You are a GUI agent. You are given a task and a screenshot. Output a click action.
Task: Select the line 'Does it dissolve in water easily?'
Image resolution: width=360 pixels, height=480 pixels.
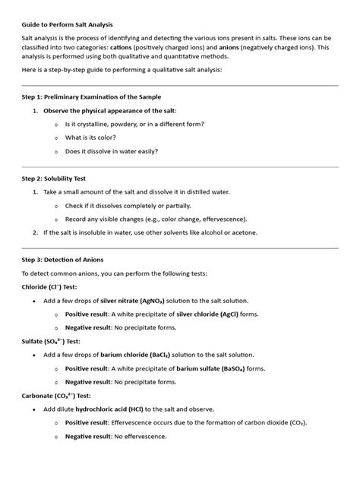click(x=112, y=150)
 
